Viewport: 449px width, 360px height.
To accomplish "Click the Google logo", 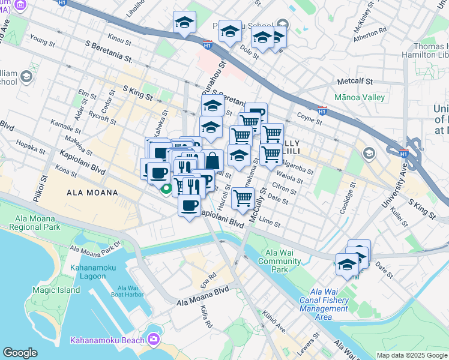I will [x=20, y=353].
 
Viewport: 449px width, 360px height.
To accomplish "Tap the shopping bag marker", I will [x=213, y=161].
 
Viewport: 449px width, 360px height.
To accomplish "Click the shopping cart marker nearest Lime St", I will [x=242, y=197].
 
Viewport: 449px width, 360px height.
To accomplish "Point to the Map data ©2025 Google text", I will [x=411, y=355].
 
